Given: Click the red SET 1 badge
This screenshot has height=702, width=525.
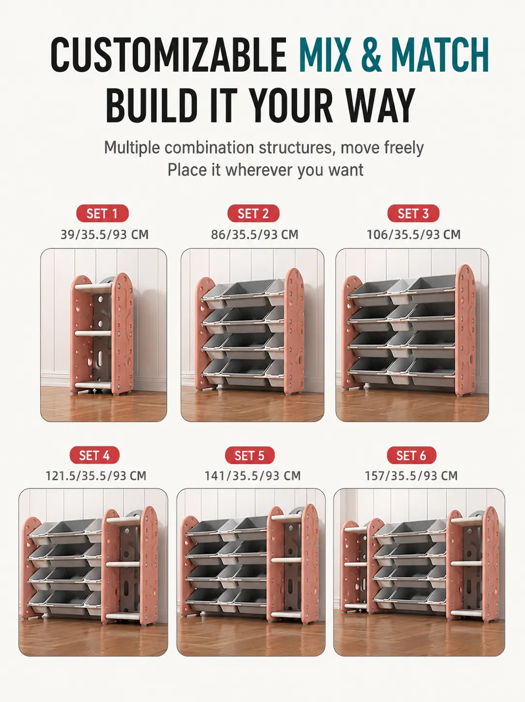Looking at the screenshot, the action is click(x=102, y=214).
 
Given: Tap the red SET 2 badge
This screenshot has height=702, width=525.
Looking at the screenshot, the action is click(x=254, y=214).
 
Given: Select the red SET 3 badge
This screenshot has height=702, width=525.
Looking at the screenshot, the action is click(x=413, y=214).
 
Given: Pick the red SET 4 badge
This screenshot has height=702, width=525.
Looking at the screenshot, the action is click(x=94, y=455).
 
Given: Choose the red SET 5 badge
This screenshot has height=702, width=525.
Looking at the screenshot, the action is click(x=250, y=455).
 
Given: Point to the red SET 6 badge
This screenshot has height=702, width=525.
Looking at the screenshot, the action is click(x=411, y=455).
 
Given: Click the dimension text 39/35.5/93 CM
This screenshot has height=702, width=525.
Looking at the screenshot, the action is click(x=105, y=235).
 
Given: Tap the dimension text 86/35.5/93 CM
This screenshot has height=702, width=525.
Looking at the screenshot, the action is click(x=255, y=235).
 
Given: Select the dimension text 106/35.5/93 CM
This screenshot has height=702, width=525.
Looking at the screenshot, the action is click(x=414, y=235).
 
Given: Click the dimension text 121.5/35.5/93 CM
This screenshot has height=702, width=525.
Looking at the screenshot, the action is click(x=96, y=476).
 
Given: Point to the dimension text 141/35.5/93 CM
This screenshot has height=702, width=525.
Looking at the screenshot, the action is click(x=253, y=476).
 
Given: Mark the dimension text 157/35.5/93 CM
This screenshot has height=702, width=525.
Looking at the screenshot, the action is click(x=411, y=476).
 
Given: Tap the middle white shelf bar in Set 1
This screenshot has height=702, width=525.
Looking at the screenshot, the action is click(x=93, y=333).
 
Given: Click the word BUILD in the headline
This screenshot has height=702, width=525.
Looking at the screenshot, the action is click(x=151, y=105).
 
